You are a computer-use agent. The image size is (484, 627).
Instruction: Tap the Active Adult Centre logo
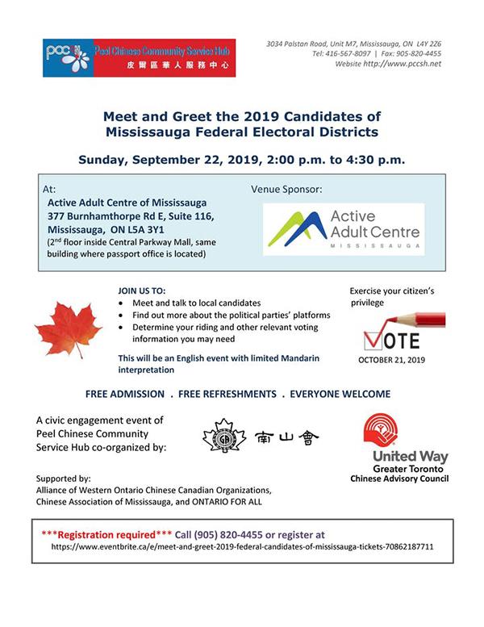point(342,229)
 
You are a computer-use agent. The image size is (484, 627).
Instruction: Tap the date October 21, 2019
point(391,360)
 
